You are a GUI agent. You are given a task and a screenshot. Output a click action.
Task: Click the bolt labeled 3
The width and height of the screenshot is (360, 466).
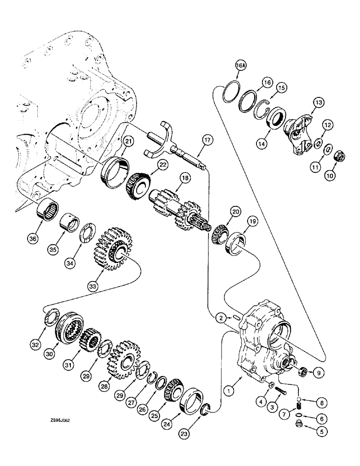click(277, 391)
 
